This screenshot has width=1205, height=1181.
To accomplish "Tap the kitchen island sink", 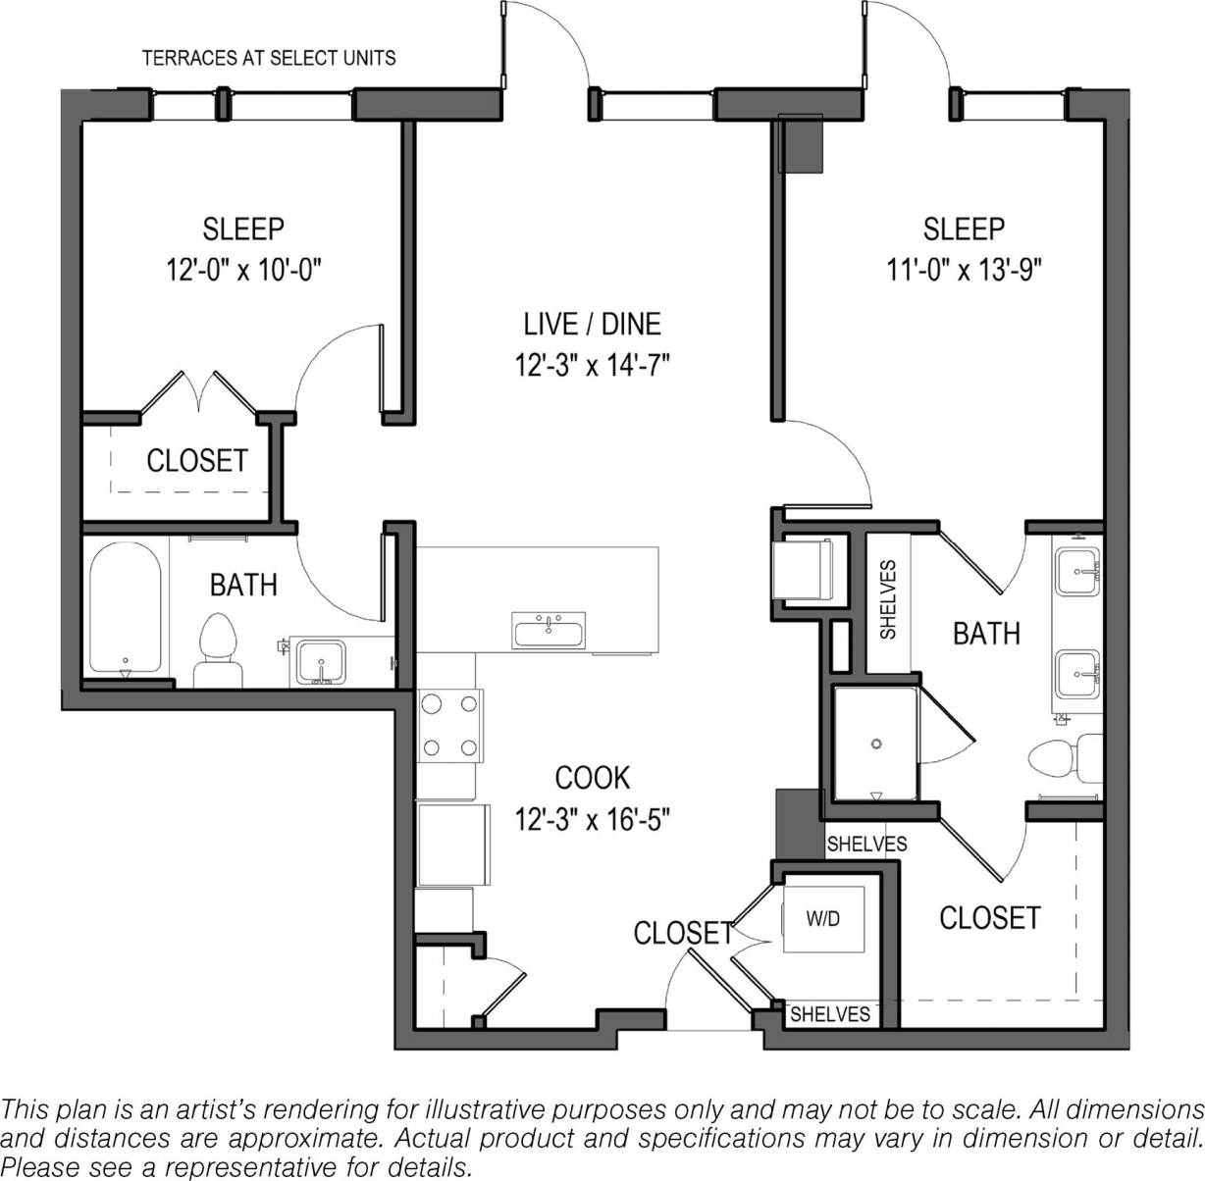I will click(549, 630).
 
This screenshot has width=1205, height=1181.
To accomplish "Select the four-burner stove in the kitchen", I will click(450, 726).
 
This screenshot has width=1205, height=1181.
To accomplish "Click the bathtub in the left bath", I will click(125, 608).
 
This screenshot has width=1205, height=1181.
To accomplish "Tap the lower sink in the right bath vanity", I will click(1077, 675).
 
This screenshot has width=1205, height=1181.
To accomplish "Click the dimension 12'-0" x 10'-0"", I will click(243, 269).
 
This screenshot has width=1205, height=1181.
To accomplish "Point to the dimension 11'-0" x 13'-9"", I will click(964, 269).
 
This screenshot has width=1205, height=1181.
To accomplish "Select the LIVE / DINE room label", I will click(592, 323).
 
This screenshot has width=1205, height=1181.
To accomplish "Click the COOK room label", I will click(592, 778).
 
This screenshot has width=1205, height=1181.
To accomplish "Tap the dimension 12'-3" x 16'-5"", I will click(592, 818).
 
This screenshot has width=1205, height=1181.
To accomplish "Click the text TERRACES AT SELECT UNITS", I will click(269, 58).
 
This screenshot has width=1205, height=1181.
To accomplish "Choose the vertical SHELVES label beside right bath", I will click(888, 599).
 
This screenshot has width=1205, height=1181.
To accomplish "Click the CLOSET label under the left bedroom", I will click(196, 460).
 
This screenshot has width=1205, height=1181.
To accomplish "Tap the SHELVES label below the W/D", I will click(830, 1014).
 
